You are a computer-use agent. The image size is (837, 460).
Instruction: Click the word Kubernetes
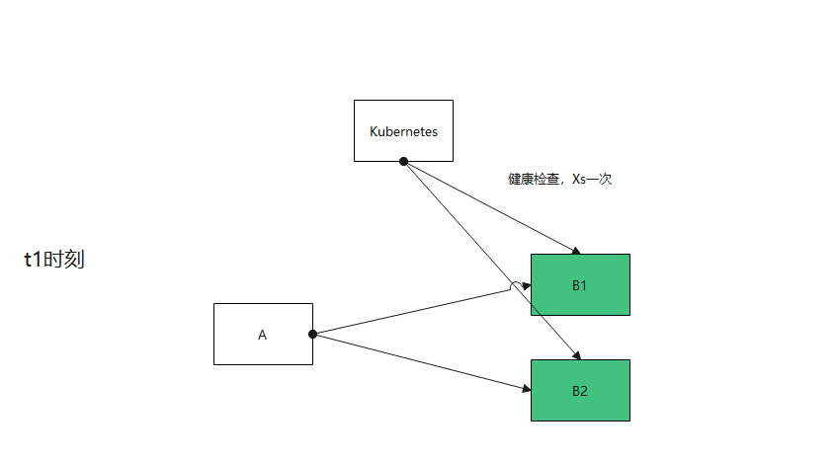coord(403,130)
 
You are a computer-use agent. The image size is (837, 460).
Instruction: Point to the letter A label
coord(263,335)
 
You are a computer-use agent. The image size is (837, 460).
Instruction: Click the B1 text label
coord(580,285)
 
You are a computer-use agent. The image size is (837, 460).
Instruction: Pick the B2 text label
coord(580,391)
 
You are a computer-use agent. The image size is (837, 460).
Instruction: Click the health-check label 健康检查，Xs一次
coord(560,180)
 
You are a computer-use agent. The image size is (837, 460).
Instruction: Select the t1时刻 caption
coord(54,260)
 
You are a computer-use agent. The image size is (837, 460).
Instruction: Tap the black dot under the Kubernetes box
coord(403,161)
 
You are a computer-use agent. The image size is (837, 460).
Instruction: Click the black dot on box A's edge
coord(312,334)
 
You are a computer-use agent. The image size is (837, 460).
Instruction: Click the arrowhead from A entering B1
coord(527,286)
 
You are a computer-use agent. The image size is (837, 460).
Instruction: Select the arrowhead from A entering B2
coord(526,390)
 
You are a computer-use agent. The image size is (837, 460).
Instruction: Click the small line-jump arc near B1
coord(515,286)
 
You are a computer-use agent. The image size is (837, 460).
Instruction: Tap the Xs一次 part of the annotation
coord(593,180)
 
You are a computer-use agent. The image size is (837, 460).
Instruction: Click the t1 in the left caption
coord(34,260)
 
